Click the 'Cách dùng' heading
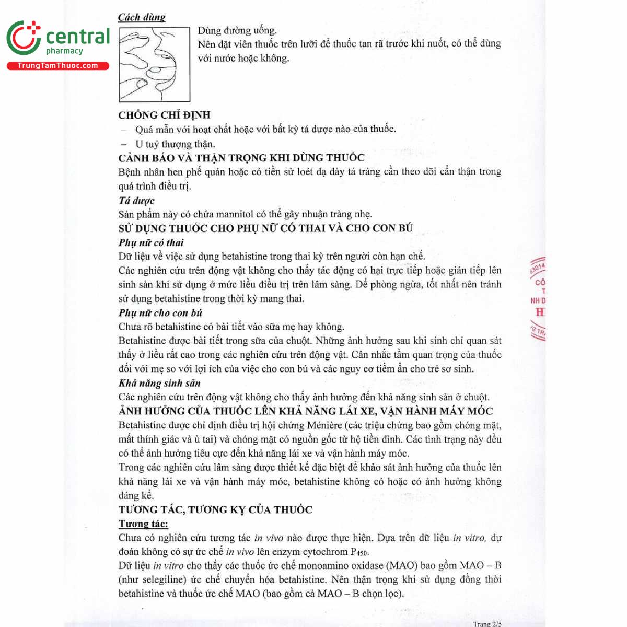tap(141, 17)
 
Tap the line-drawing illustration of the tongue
tap(154, 64)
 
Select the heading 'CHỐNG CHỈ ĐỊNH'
tap(164, 115)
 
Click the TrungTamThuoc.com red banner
tap(57, 66)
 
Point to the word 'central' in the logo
tap(78, 37)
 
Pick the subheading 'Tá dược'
tap(136, 201)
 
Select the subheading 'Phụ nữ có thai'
tap(151, 242)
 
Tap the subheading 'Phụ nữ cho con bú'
tap(160, 313)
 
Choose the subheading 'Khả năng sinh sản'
tap(159, 383)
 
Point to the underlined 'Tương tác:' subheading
tap(143, 524)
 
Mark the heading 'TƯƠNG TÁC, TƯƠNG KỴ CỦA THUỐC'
tap(215, 509)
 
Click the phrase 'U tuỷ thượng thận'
tap(175, 144)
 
